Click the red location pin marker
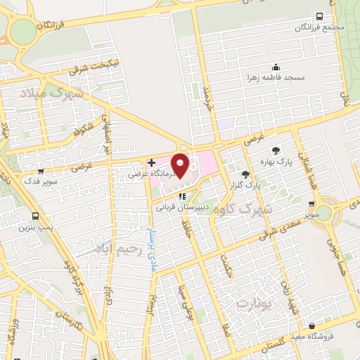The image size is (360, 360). (x=180, y=164)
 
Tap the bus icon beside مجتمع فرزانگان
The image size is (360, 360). (x=320, y=16)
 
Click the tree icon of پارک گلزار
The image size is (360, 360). (x=245, y=174)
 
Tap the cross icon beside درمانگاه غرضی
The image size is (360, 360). (x=151, y=162)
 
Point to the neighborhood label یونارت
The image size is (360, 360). (x=253, y=304)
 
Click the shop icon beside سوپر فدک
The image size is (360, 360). (x=40, y=170)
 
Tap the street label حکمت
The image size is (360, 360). (x=226, y=270)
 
